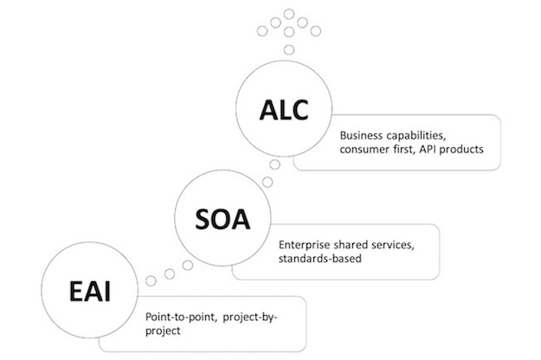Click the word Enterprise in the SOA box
point(300,247)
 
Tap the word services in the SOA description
point(390,247)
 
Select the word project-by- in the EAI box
point(251,318)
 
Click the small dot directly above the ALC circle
point(288,49)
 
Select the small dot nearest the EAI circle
point(151,281)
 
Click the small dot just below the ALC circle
point(274,164)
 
